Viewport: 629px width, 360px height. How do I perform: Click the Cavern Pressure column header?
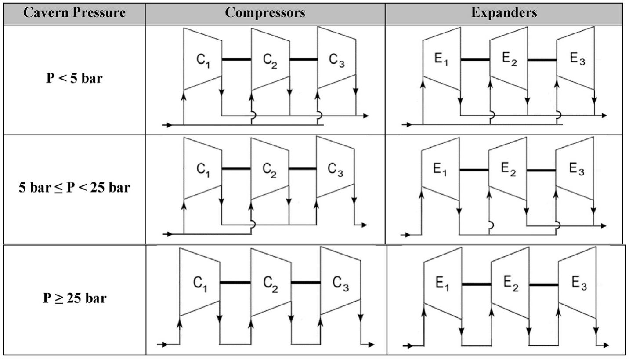click(74, 13)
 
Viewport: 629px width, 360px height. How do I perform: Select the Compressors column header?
click(265, 13)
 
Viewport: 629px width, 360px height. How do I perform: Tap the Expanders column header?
click(504, 13)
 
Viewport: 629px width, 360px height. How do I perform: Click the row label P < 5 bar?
click(74, 78)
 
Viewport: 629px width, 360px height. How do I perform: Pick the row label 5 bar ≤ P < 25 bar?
click(74, 188)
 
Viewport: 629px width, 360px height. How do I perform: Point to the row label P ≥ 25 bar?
click(74, 298)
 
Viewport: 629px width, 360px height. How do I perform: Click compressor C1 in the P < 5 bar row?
click(202, 59)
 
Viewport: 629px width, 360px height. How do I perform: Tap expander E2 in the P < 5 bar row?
click(509, 58)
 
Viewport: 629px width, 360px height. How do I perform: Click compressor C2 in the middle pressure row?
click(270, 169)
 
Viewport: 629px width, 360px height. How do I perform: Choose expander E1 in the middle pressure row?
click(440, 169)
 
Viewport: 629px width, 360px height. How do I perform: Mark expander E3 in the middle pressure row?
click(575, 169)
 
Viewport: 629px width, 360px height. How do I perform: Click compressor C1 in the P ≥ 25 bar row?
click(199, 282)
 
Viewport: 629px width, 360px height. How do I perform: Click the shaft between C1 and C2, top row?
click(236, 59)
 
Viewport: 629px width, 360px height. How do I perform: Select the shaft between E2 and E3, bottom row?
click(544, 285)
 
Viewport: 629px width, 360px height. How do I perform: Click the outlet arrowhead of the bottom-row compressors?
click(372, 345)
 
